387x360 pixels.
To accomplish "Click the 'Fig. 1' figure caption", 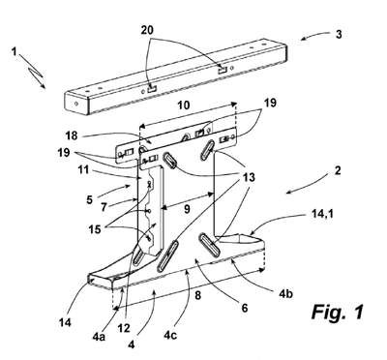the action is [338, 312].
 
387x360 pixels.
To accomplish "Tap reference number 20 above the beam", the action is [147, 30].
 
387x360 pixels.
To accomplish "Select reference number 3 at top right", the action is [339, 34].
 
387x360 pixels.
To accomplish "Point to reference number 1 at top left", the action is [14, 51].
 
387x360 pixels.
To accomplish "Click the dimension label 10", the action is [184, 105].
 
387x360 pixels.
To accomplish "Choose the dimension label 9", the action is [188, 210].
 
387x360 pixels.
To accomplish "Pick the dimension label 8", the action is [198, 295].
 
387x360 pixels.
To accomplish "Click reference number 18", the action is [72, 135].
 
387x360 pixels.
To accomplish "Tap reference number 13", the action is [249, 177].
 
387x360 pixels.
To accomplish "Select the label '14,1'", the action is [319, 213].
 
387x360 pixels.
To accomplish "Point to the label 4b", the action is [286, 293].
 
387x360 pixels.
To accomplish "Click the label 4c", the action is [170, 336].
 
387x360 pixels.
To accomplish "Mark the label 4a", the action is [98, 336].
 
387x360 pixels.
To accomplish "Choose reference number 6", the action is [245, 308].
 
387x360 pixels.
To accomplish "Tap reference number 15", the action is [95, 229].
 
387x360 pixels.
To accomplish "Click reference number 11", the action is [84, 169].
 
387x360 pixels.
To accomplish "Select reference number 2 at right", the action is [338, 170].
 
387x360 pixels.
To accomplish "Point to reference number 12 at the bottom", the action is [124, 328].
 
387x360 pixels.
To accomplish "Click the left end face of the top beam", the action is [76, 103].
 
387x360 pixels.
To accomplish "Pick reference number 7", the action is [104, 206].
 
